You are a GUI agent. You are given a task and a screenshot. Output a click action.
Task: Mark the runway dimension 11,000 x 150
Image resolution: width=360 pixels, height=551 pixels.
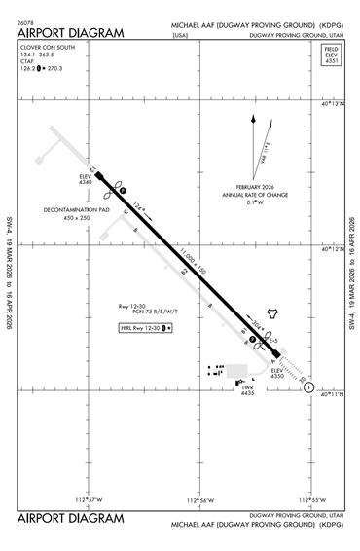(x=196, y=261)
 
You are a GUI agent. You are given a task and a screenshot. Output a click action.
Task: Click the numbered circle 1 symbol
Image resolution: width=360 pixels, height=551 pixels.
(x=308, y=387)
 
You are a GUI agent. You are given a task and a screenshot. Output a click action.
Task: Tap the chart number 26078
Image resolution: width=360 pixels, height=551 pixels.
(x=26, y=21)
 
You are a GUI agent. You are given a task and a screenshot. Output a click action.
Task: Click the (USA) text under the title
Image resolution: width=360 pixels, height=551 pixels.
(x=179, y=35)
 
